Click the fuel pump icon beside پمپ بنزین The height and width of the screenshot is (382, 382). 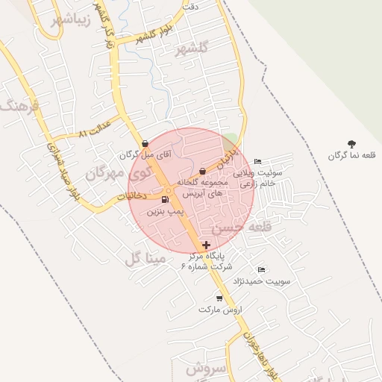coord(165,199)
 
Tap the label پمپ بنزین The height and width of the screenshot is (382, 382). coord(165,212)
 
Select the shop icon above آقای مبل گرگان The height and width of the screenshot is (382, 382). coord(145,143)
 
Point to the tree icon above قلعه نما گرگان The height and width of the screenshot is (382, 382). coord(352,143)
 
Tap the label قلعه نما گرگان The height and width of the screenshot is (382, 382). coord(351,155)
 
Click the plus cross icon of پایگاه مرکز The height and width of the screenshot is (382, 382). coord(206,244)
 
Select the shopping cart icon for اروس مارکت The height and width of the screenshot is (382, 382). coord(219,298)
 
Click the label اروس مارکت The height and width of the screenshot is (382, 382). coord(218,309)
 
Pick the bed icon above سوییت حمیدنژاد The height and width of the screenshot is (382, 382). coord(261,269)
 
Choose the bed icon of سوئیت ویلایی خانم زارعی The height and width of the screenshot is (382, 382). coord(258,162)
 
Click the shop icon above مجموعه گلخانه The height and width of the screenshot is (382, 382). coord(203,172)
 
